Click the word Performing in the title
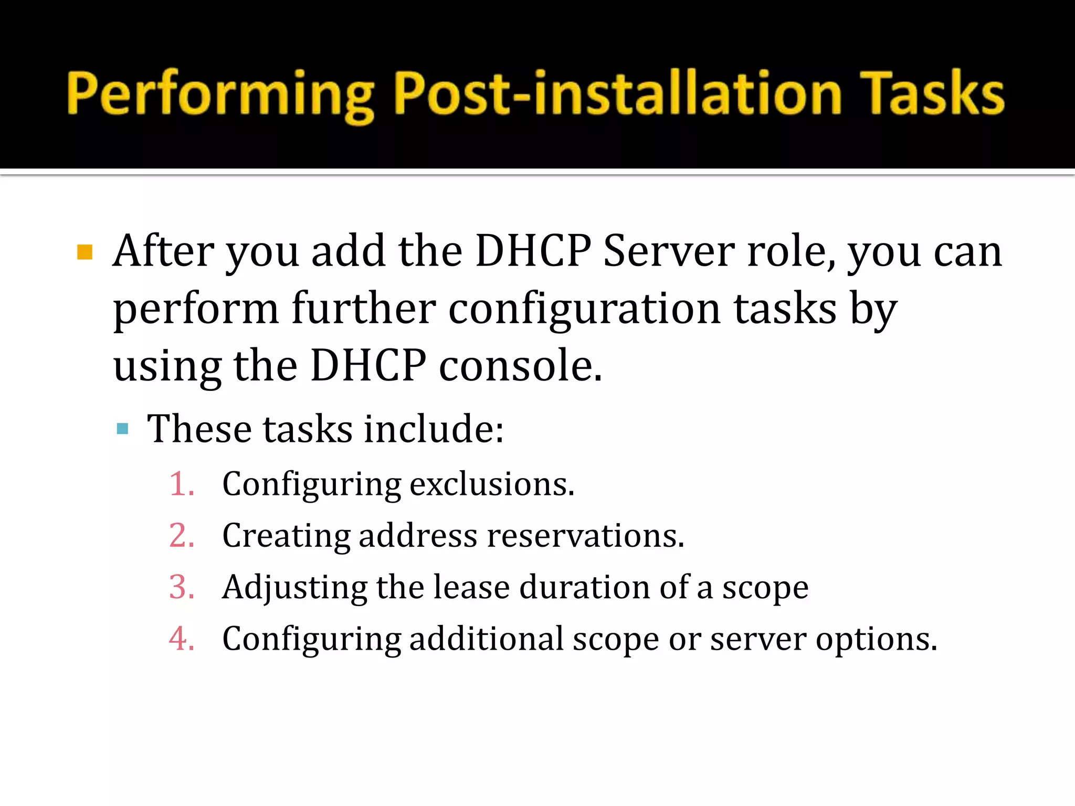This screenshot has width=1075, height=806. coord(220,94)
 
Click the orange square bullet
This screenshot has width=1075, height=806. coord(85,252)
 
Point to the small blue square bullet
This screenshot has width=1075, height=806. coord(123,429)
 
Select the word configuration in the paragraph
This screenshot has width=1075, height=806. coord(584,310)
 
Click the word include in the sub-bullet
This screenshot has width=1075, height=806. coord(434,429)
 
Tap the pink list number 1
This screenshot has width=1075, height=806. coord(182,484)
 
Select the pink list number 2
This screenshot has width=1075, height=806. coord(182,536)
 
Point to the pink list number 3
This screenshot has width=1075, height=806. coord(182,587)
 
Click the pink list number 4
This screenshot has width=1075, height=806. coord(182,639)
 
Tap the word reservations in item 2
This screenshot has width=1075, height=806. coord(585,536)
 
